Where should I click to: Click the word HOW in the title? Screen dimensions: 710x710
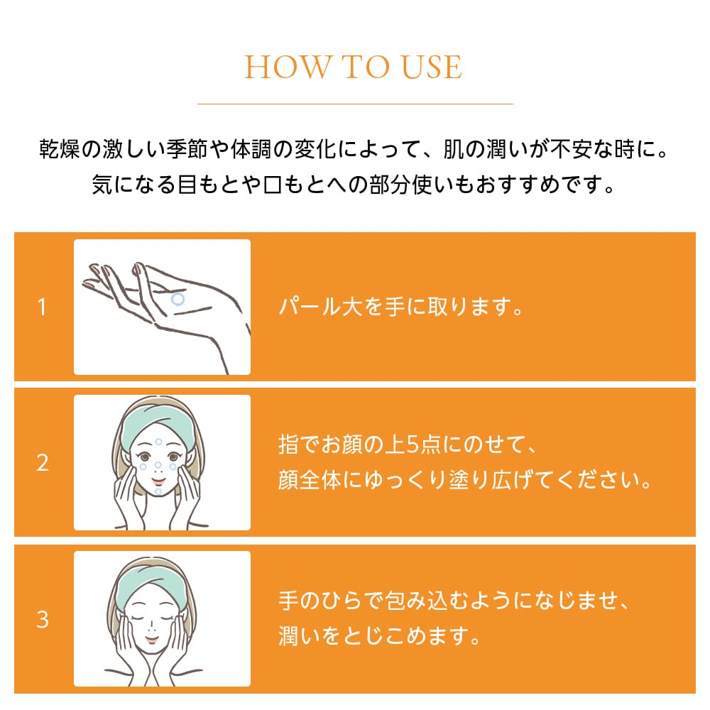click(288, 67)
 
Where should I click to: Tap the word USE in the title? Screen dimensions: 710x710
click(432, 67)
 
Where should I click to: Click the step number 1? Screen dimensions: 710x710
click(42, 307)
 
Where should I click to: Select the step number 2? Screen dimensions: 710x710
click(43, 463)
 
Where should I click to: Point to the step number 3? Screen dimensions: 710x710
click(43, 619)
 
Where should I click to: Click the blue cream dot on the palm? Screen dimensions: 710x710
click(178, 299)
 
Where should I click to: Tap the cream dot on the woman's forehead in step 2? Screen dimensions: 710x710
click(158, 442)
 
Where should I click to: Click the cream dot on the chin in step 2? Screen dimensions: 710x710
click(158, 491)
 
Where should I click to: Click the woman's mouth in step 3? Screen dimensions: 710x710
click(152, 640)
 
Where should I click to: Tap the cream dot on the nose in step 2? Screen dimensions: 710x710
click(158, 465)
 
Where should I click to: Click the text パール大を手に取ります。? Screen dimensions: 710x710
click(401, 307)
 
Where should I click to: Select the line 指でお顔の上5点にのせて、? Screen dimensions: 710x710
click(408, 444)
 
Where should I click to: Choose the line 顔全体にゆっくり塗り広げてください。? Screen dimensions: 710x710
click(466, 480)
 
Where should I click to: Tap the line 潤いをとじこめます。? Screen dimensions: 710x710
click(379, 635)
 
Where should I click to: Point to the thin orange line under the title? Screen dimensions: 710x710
click(355, 104)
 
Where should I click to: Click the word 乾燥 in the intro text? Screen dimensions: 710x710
click(60, 149)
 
